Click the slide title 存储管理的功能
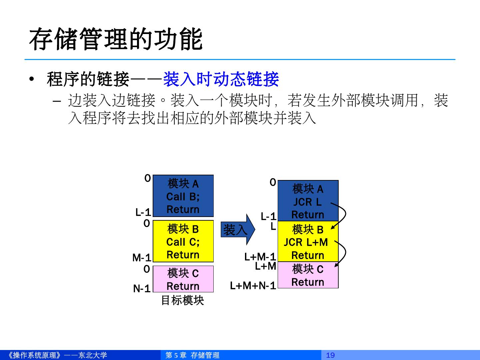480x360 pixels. (116, 39)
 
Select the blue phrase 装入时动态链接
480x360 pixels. (221, 79)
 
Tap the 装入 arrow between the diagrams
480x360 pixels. (237, 230)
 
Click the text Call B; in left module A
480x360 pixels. (183, 197)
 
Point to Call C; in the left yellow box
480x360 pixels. (183, 242)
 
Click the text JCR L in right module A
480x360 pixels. (307, 202)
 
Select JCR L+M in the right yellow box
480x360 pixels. (306, 242)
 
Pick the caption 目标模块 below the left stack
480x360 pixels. (182, 300)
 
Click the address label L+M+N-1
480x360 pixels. (253, 286)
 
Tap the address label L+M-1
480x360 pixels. (260, 257)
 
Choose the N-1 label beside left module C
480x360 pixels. (142, 289)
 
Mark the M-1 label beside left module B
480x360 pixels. (142, 258)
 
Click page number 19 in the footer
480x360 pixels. (330, 355)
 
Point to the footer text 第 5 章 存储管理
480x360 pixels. (192, 355)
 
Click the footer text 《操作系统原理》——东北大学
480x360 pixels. (57, 355)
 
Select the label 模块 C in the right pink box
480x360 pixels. (308, 269)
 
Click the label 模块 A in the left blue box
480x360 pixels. (183, 184)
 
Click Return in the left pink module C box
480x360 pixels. (183, 286)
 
